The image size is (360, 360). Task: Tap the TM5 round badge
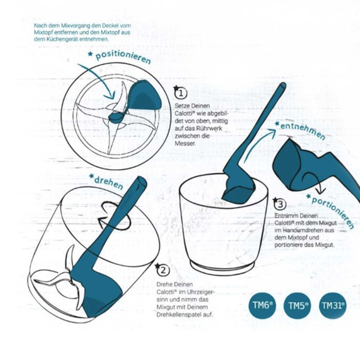(298, 306)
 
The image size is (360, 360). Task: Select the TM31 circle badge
(333, 306)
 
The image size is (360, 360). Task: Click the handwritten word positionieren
(123, 57)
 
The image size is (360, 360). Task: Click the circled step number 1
(181, 93)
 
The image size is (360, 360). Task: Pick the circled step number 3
(281, 204)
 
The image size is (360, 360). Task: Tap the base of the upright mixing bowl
(223, 267)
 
